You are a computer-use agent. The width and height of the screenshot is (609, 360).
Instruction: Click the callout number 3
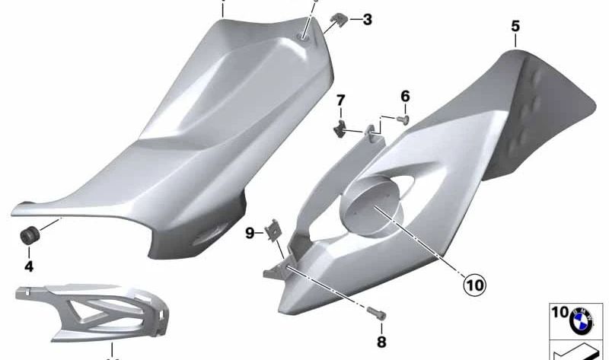tap(367, 20)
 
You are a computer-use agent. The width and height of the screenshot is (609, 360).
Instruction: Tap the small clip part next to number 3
tap(338, 18)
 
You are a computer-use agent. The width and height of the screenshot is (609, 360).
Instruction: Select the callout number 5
tap(515, 27)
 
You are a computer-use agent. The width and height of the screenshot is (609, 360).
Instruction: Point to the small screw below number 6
tap(405, 118)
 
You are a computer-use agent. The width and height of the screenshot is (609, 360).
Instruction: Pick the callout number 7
tap(341, 100)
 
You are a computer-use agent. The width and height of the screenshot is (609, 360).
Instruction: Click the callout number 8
tap(382, 341)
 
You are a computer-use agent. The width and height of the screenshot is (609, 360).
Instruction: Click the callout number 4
tap(28, 266)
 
